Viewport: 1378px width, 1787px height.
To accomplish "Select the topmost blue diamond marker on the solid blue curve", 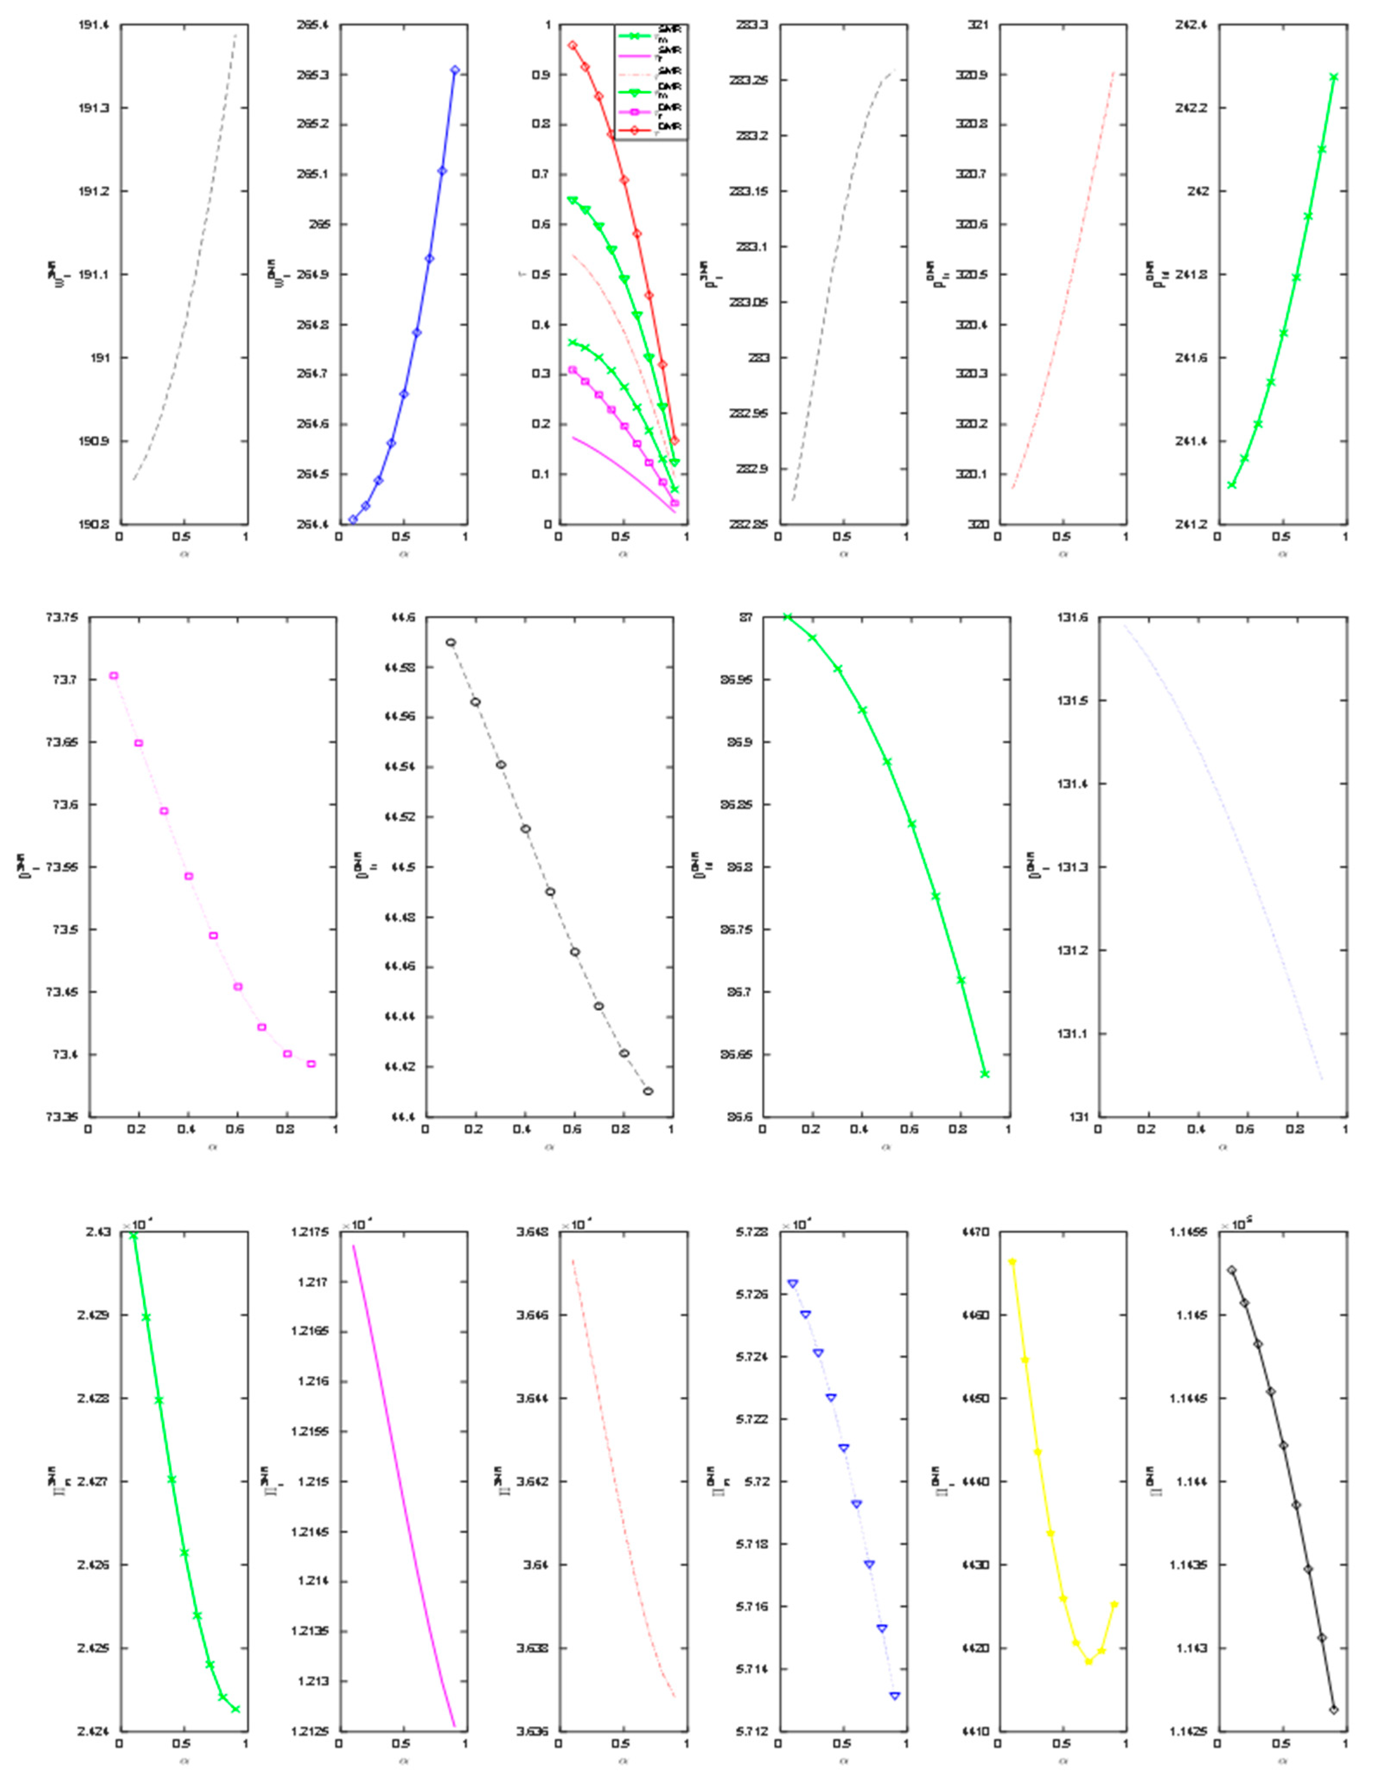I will click(x=455, y=70).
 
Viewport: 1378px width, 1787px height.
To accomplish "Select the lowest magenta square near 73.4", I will click(x=311, y=1064).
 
